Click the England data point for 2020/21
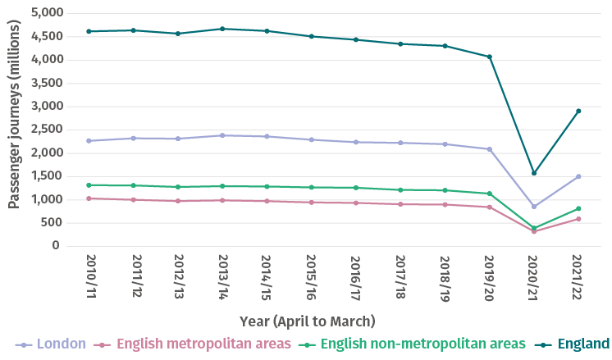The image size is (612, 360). tap(534, 173)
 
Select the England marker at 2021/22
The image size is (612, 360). tap(578, 111)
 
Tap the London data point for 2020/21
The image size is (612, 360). tap(534, 207)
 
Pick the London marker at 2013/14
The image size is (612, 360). tap(222, 135)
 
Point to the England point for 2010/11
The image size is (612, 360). tap(88, 31)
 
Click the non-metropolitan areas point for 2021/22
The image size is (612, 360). tap(578, 208)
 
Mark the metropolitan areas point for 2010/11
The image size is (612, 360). tap(88, 198)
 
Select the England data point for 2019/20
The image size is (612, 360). tap(490, 57)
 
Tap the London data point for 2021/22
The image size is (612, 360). tap(578, 176)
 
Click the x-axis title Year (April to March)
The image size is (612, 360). tap(308, 319)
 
